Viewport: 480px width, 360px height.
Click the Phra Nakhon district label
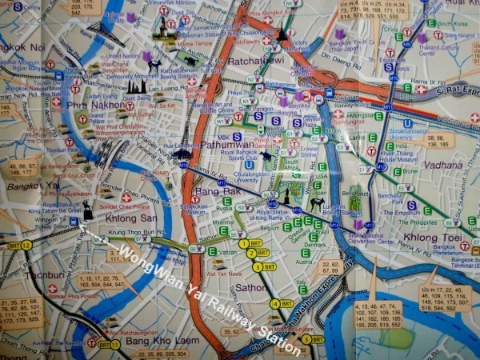(94, 105)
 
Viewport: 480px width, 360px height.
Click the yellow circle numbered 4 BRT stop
(276, 303)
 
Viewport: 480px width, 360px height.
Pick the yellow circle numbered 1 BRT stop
(244, 242)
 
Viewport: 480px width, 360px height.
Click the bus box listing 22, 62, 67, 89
(330, 267)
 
